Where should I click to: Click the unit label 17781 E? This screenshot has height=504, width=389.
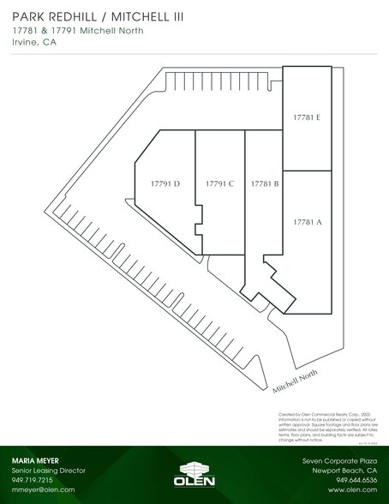306,117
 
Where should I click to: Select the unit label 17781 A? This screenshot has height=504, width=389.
307,222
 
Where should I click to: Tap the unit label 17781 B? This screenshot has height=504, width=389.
265,183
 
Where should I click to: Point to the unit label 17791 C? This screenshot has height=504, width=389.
220,183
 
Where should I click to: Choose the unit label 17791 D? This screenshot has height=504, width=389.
165,183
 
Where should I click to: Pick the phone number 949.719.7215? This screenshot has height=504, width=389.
33,480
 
